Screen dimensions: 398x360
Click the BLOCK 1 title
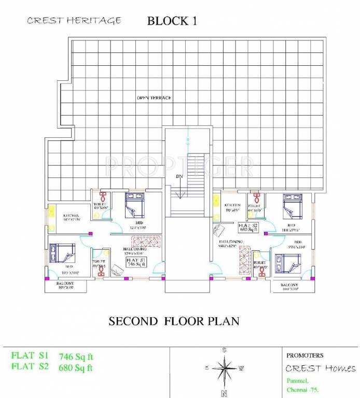tap(172, 21)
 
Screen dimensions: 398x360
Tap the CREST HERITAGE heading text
tap(74, 20)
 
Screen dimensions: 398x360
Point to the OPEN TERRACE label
tap(154, 97)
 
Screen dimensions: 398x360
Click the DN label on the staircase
tap(180, 177)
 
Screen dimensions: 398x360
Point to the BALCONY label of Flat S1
tap(65, 284)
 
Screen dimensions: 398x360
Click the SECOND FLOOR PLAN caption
tap(174, 321)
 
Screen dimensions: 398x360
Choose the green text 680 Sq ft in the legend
tap(76, 369)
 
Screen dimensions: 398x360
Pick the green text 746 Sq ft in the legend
tap(76, 357)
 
